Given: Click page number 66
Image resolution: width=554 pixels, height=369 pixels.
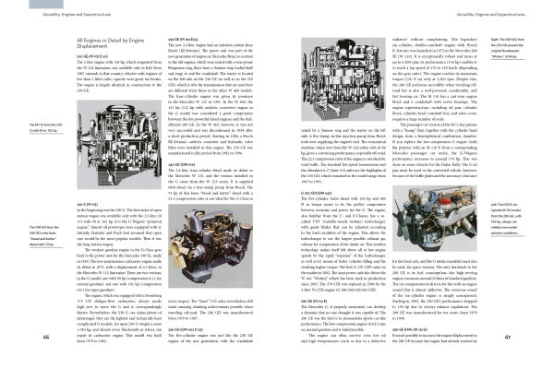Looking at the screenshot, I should pos(19,339).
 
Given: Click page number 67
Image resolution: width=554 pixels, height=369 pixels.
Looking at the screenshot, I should pos(534,339).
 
